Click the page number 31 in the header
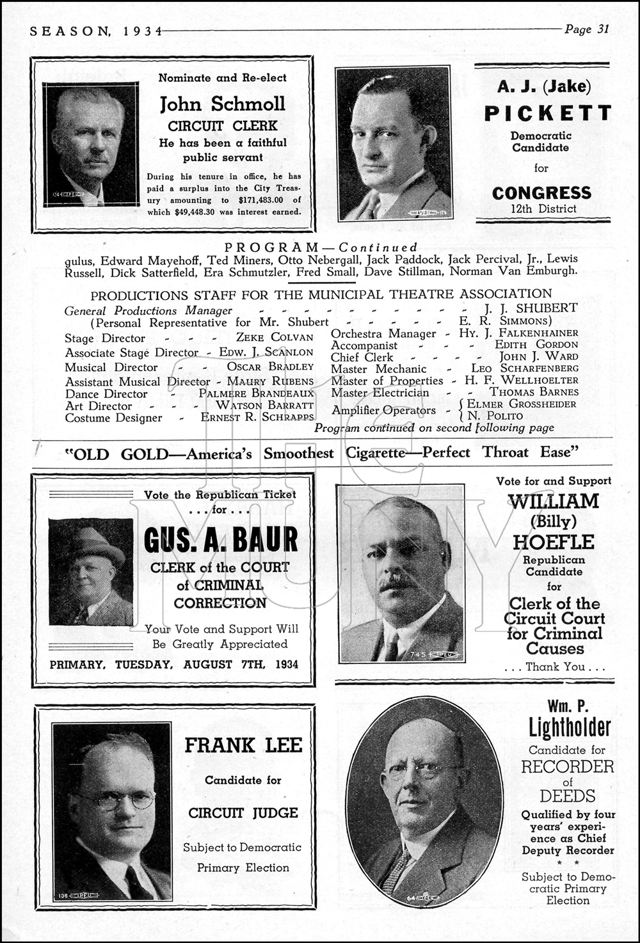[602, 29]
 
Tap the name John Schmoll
[222, 104]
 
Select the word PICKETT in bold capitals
[547, 113]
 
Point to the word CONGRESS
[541, 193]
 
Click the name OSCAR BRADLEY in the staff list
[270, 367]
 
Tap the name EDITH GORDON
[536, 344]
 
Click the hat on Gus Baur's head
[92, 543]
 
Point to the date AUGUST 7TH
[220, 664]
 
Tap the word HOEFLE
[554, 543]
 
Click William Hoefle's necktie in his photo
[390, 646]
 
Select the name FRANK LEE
[243, 745]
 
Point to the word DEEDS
[567, 796]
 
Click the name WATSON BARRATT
[264, 405]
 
